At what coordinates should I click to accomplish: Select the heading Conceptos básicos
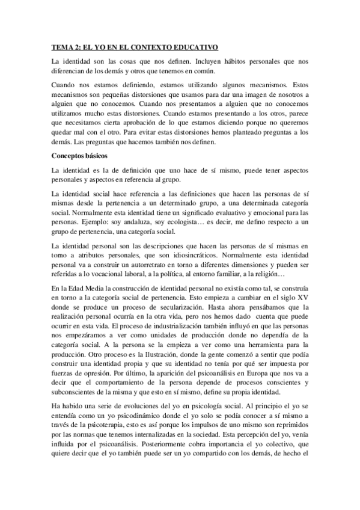tap(79, 156)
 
